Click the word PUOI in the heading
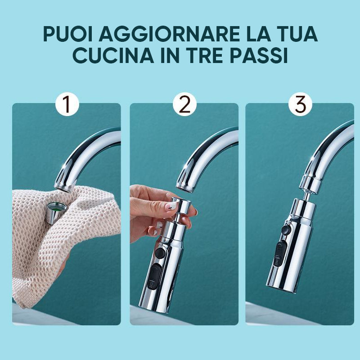coord(68,35)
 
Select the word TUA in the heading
coord(296,35)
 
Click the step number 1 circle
coord(67,104)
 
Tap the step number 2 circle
coord(184,104)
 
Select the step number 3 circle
coord(300,104)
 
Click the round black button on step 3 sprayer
coord(286,229)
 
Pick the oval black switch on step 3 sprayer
coord(279,254)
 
